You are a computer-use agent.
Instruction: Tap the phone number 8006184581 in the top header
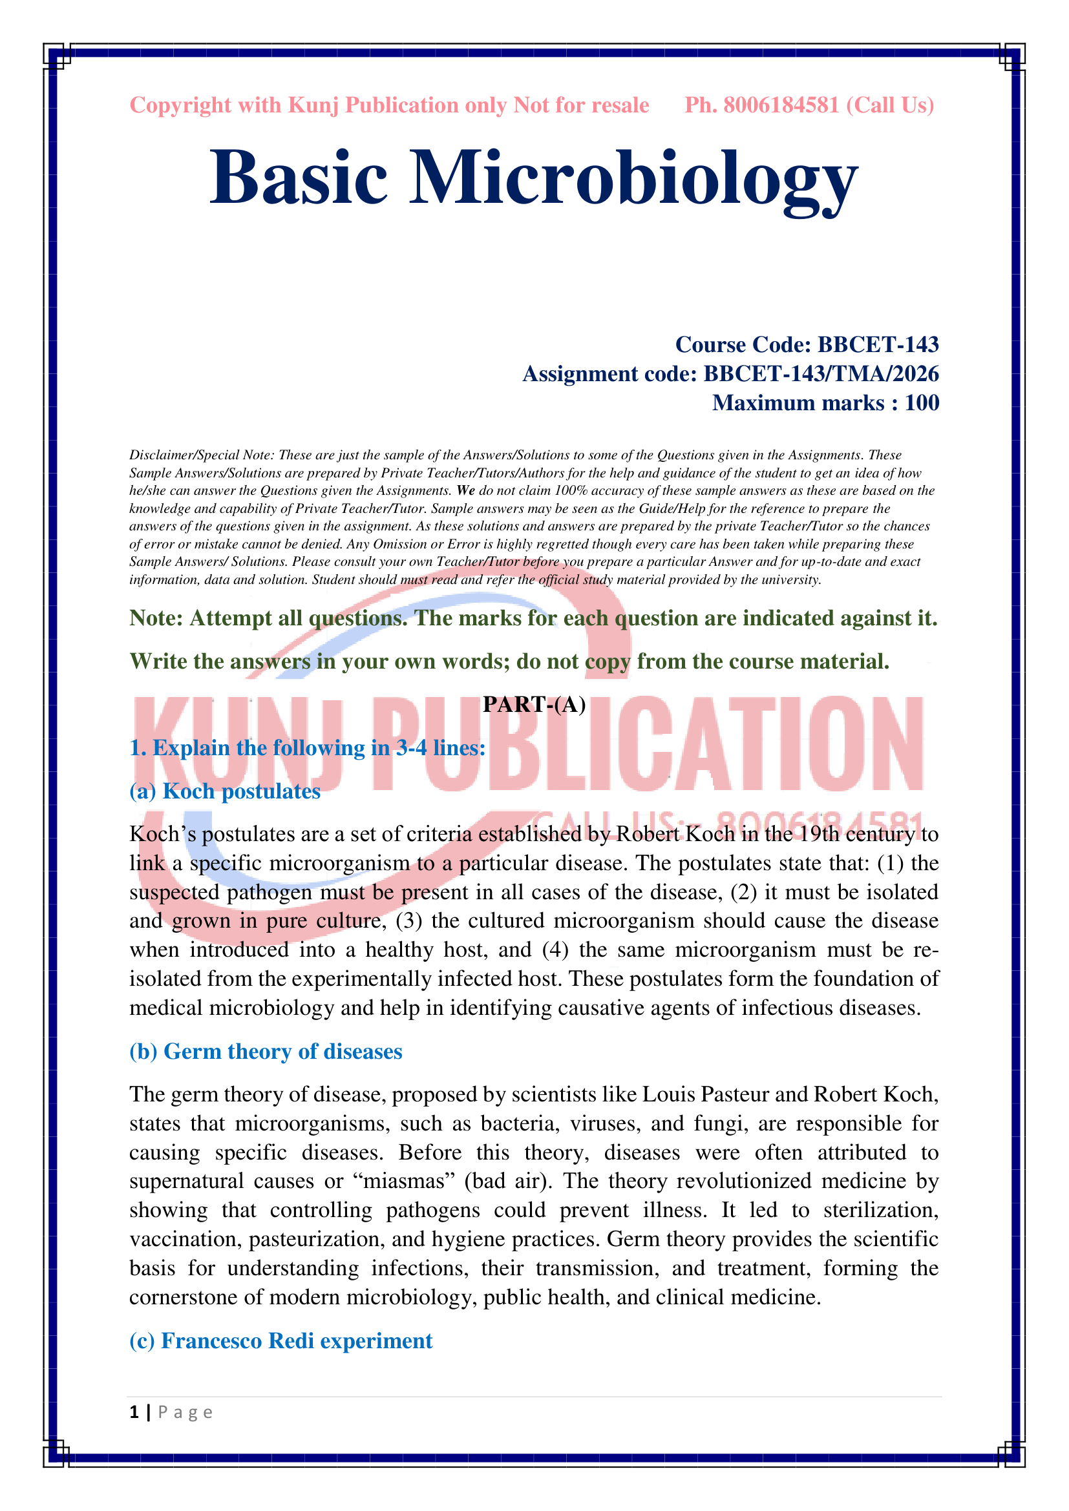click(781, 105)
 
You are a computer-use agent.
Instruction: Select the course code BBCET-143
click(878, 344)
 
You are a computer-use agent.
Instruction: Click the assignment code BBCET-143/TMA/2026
click(821, 374)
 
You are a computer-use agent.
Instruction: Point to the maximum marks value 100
click(922, 402)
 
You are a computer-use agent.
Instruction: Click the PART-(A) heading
click(534, 704)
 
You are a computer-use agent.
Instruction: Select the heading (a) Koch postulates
click(225, 791)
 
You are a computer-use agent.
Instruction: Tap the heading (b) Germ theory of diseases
click(266, 1051)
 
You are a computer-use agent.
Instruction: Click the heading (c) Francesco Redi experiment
click(281, 1340)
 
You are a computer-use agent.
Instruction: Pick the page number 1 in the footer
click(134, 1412)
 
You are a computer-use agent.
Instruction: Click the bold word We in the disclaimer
click(466, 490)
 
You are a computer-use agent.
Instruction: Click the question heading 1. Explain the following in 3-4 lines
click(308, 747)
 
